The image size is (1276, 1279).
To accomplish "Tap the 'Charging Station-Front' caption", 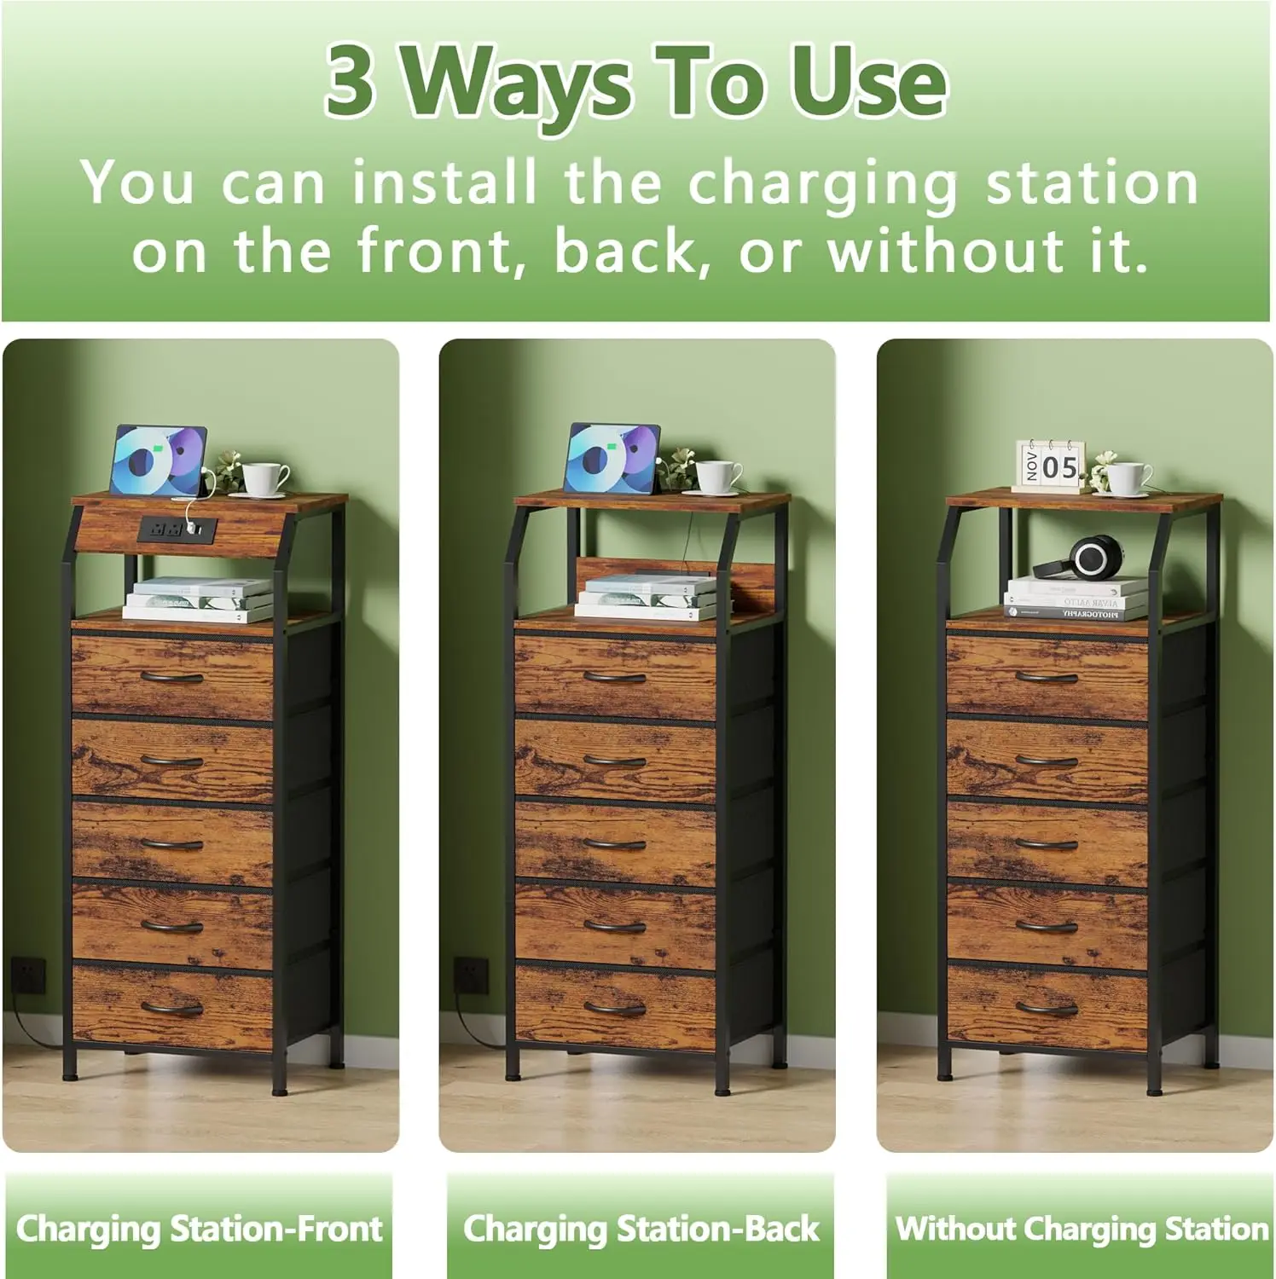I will [199, 1229].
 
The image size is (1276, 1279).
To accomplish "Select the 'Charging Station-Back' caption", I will [641, 1229].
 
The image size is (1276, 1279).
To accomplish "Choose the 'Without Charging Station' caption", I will [1082, 1229].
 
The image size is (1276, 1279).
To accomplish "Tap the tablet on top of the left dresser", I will [158, 461].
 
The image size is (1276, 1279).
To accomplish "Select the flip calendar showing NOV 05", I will [1051, 466].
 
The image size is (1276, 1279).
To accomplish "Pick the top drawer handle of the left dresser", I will [171, 678].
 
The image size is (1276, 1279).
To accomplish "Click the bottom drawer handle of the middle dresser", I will [615, 1009].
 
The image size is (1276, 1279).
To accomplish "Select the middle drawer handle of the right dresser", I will [1047, 844].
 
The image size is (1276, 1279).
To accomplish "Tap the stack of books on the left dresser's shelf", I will [198, 599].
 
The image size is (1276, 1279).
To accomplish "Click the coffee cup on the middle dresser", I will [717, 477].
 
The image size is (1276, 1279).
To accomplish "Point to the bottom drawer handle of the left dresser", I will [171, 1009].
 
